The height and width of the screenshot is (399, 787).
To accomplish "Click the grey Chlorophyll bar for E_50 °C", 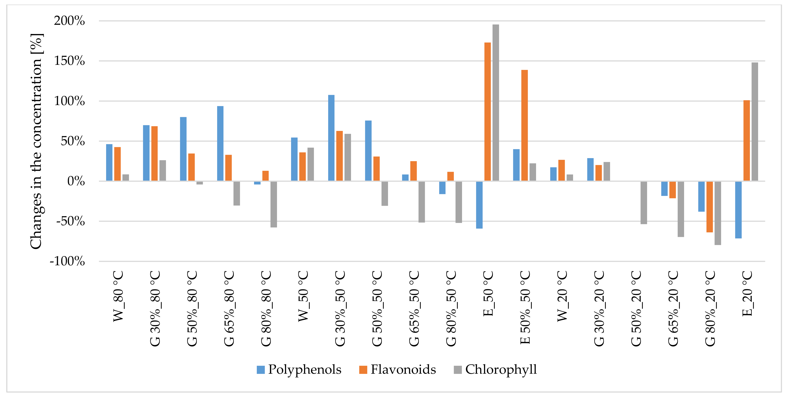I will coord(495,103).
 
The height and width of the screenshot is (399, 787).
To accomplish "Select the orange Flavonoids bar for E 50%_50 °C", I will coord(525,125).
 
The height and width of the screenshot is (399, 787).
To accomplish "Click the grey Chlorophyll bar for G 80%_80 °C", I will coord(273,204).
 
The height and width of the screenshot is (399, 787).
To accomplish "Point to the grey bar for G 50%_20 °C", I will coord(644,203).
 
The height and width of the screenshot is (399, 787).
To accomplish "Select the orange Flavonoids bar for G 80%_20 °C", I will coord(709,207).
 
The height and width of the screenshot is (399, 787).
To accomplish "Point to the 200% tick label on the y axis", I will coord(69,21).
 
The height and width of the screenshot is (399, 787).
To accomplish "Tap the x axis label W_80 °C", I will coord(118,296).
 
